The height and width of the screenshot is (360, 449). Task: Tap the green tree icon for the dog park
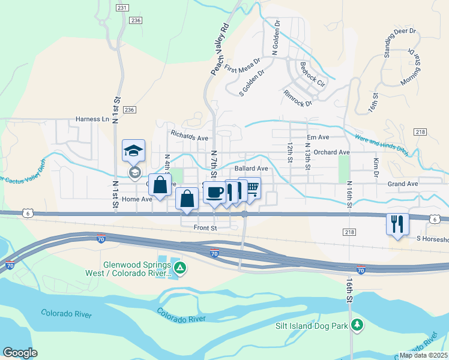click(x=358, y=325)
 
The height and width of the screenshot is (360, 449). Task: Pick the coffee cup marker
click(x=214, y=193)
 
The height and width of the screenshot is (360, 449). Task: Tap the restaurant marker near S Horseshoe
click(x=397, y=224)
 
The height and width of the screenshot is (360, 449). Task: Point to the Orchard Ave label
click(x=331, y=152)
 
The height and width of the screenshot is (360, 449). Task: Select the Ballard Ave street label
click(x=251, y=169)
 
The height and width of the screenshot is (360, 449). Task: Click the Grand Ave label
click(x=402, y=184)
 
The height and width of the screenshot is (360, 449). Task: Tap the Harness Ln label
click(x=92, y=119)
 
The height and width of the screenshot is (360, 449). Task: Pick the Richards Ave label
click(x=189, y=135)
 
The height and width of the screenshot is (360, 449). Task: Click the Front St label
click(x=205, y=228)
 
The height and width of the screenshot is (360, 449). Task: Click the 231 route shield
click(x=122, y=8)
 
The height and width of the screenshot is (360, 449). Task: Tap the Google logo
click(x=20, y=353)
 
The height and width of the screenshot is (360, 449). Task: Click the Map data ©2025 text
click(x=423, y=355)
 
